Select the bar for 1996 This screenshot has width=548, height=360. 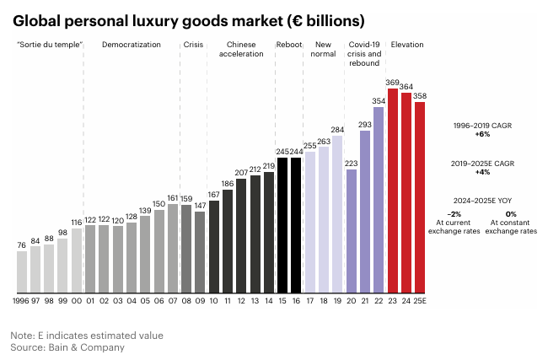pyautogui.click(x=22, y=271)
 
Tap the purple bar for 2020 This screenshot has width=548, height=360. pyautogui.click(x=352, y=230)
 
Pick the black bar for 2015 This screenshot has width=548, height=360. pyautogui.click(x=282, y=224)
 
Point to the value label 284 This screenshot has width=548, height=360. pyautogui.click(x=337, y=130)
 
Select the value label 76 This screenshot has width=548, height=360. pyautogui.click(x=22, y=245)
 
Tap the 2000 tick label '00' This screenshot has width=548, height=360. pyautogui.click(x=77, y=300)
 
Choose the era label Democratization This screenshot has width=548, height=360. pyautogui.click(x=131, y=45)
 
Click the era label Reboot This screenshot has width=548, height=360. pyautogui.click(x=288, y=45)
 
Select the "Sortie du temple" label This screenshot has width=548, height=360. pyautogui.click(x=49, y=45)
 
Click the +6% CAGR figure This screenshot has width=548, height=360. pyautogui.click(x=482, y=134)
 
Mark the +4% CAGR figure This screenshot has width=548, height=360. pyautogui.click(x=482, y=173)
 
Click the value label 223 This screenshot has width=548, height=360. pyautogui.click(x=352, y=163)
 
